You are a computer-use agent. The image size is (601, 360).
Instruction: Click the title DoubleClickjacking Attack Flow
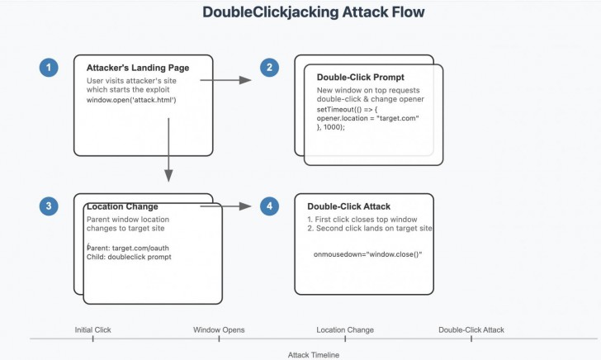point(315,14)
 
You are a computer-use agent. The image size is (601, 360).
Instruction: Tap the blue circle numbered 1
point(50,68)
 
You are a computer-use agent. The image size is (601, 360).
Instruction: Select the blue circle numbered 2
point(269,68)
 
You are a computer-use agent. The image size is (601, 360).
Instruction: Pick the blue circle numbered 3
point(50,206)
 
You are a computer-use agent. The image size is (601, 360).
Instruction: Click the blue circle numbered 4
point(269,206)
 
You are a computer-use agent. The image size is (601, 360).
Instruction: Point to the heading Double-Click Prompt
point(359,78)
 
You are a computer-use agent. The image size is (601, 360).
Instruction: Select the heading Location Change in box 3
point(122,206)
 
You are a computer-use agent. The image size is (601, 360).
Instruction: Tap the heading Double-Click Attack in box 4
point(348,206)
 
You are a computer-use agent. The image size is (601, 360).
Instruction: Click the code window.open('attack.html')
point(132,100)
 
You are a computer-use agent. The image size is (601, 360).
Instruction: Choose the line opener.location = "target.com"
point(368,118)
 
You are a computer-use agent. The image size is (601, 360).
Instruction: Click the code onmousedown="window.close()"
point(367,255)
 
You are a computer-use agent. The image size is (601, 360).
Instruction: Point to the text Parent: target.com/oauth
point(128,247)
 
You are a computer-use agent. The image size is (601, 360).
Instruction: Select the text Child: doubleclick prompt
point(128,257)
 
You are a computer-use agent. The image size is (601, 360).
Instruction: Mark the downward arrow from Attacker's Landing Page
point(168,149)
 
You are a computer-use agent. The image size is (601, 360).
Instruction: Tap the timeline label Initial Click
point(92,329)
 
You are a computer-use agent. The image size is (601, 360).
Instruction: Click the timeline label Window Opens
point(219,329)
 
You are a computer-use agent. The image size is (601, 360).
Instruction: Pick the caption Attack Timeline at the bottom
point(313,354)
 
